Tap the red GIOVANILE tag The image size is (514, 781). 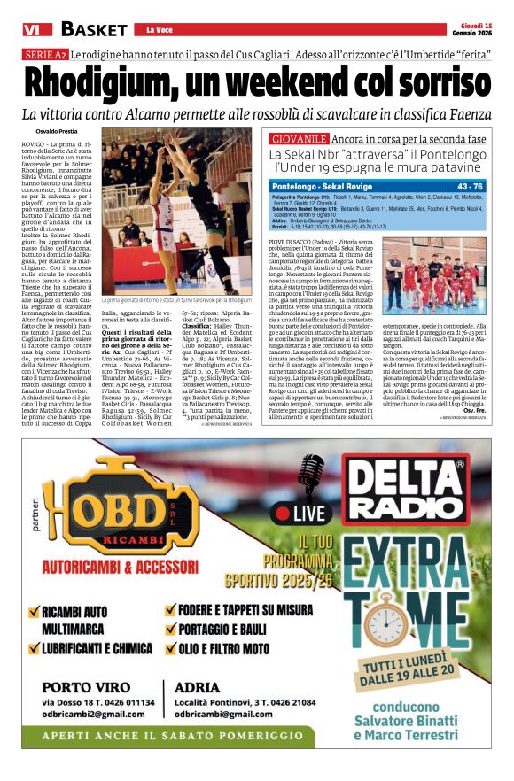point(300,140)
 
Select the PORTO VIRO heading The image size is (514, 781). point(82,686)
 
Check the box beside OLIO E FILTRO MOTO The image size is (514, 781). point(171,648)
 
